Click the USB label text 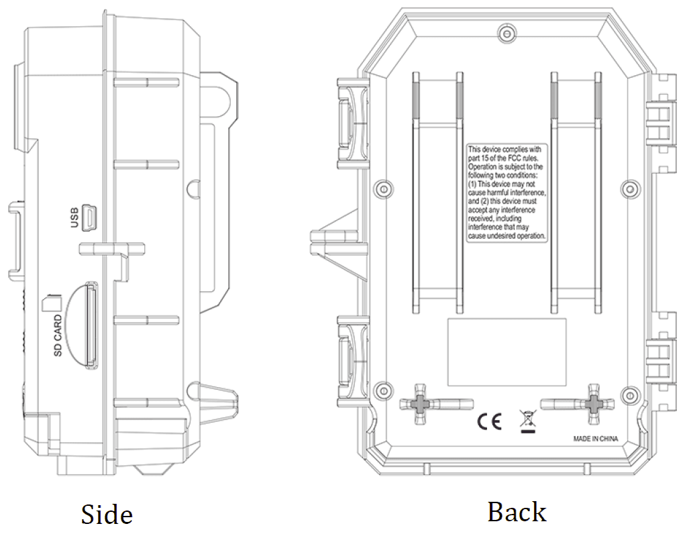tap(74, 218)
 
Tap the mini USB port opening tap(91, 216)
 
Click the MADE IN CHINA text tap(595, 440)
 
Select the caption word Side tap(107, 515)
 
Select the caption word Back tap(517, 513)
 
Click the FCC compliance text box tap(507, 193)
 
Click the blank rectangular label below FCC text tap(507, 352)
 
